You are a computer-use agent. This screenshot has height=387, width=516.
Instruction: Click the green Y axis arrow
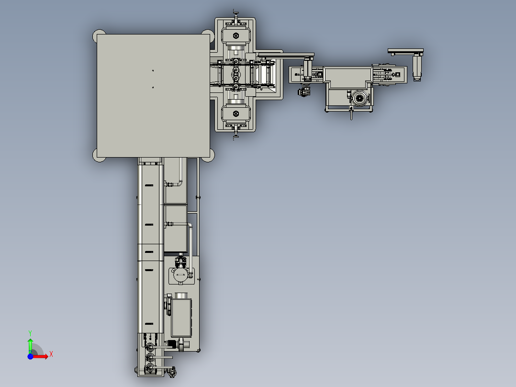click(x=30, y=345)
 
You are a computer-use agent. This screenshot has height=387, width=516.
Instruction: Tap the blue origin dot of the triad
click(x=30, y=356)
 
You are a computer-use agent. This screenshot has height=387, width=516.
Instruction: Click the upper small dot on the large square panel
click(x=153, y=70)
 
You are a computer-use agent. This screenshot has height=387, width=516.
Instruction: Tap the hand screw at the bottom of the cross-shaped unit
click(x=236, y=136)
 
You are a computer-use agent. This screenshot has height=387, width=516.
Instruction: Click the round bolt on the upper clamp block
click(x=236, y=35)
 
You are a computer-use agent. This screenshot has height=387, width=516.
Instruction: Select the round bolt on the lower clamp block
click(x=236, y=114)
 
